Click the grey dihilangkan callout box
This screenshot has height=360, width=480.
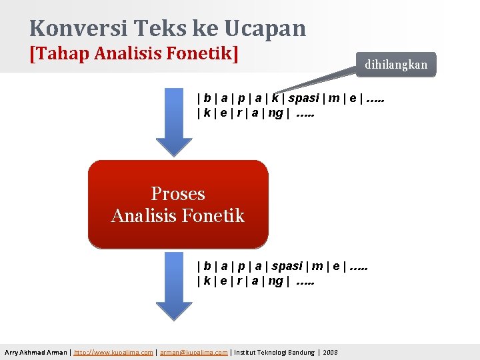tap(395, 65)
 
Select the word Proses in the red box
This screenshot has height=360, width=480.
tap(178, 193)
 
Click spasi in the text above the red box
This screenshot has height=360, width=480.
tap(303, 98)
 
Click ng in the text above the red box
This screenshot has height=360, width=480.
tap(275, 113)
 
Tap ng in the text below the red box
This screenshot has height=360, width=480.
tap(275, 282)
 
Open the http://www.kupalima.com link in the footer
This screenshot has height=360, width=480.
tap(114, 352)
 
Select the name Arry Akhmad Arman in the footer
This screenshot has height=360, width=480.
tap(35, 352)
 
